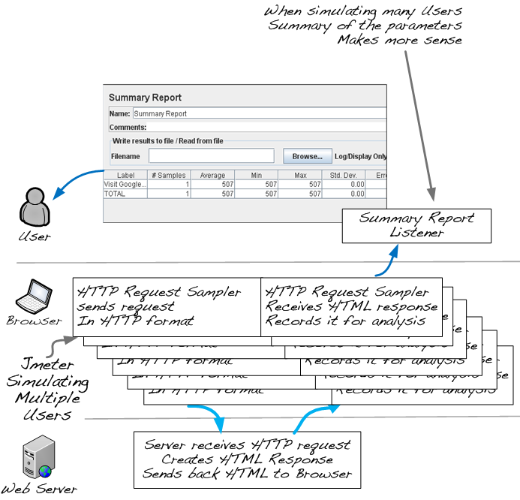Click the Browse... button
coord(308,156)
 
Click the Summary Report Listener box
coord(416,225)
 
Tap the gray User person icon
coord(34,207)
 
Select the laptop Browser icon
coord(34,296)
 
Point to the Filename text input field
coord(211,156)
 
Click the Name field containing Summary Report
coord(259,114)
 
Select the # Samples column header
coord(168,175)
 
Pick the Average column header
coord(212,175)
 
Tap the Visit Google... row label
coord(125,184)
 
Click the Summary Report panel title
coord(145,98)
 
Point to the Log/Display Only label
coord(360,157)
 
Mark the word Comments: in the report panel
coord(128,128)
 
